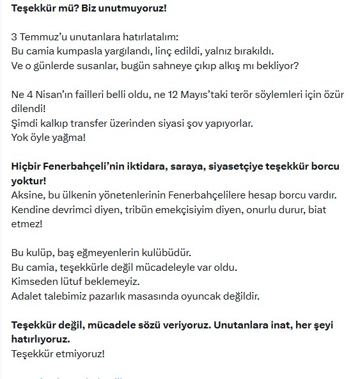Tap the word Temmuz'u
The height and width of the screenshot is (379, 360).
pyautogui.click(x=43, y=37)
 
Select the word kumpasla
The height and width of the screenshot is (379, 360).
pyautogui.click(x=88, y=51)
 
